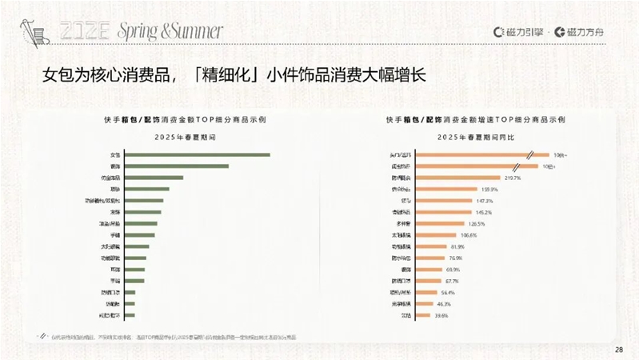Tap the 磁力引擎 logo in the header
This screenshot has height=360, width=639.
522,32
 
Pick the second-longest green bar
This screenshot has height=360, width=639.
177,166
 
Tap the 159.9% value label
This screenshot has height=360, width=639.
489,190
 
